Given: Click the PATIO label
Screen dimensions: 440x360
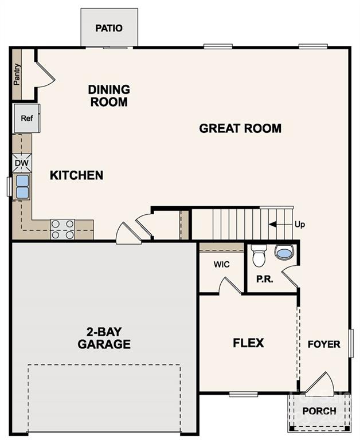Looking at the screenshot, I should tap(109, 27).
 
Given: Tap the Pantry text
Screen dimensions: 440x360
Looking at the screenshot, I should tap(17, 74).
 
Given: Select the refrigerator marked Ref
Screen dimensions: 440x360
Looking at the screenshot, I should tap(26, 118).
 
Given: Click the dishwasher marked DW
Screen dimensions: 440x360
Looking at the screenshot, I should tap(22, 163).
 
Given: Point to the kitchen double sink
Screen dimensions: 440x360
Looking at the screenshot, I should tap(22, 187).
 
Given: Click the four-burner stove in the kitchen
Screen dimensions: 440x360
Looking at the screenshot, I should tap(62, 229).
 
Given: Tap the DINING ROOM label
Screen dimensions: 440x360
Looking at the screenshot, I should tap(109, 96).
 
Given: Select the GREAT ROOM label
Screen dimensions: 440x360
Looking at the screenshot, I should tap(240, 128).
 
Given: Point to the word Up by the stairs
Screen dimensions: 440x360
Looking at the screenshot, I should tap(300, 225).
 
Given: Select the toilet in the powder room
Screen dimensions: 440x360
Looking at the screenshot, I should tap(259, 256).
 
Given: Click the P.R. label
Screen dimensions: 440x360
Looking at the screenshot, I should tap(264, 279).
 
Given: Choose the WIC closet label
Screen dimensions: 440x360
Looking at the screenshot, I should tap(222, 265).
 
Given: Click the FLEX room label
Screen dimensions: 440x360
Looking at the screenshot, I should tap(248, 343).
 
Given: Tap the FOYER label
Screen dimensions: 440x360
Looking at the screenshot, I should tap(324, 344).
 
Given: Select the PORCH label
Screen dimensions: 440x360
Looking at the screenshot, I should tap(319, 411).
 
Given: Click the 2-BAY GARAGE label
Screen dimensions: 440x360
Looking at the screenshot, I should tap(104, 339).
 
